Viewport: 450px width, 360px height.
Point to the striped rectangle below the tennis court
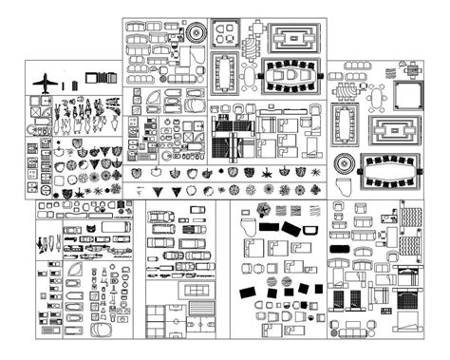pyautogui.click(x=200, y=311)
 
